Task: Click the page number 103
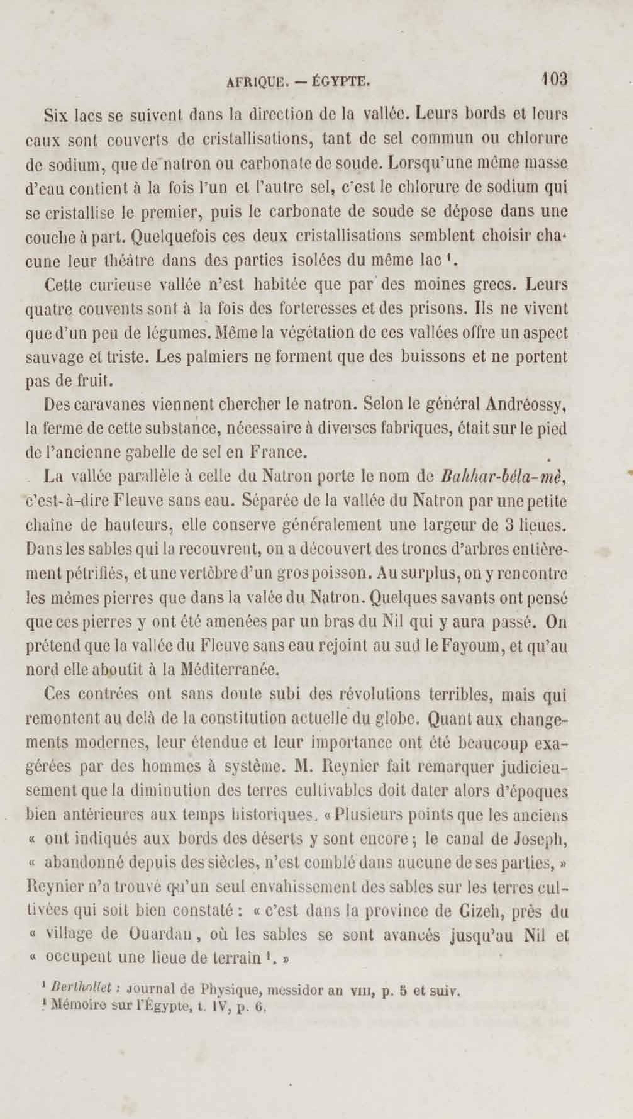(x=554, y=80)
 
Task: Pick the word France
(x=278, y=452)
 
